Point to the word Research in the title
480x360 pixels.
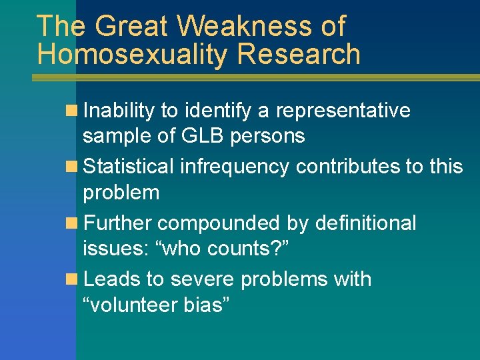click(x=298, y=55)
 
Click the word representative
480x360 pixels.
click(x=344, y=111)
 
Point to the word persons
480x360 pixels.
click(x=269, y=136)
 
